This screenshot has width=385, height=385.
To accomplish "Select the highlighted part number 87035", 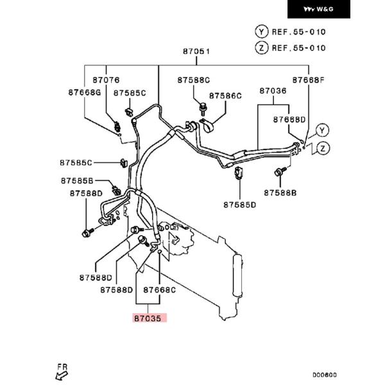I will (150, 317).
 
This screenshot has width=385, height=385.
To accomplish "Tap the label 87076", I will (106, 80).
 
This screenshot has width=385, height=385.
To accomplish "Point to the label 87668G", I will (85, 92).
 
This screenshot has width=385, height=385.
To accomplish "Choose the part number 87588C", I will (194, 80).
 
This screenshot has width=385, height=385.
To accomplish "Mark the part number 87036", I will (273, 92).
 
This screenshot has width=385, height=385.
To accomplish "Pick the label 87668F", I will (309, 80).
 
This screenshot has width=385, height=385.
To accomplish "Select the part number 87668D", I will (289, 119).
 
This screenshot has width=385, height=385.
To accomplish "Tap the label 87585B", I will (78, 181).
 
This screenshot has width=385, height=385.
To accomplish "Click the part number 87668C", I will (160, 289).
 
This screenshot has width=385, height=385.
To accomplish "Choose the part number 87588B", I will (280, 192).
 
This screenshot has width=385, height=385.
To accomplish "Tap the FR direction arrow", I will (62, 371).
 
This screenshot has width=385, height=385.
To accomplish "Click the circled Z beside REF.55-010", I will (261, 47).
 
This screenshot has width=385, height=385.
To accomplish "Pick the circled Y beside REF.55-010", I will (261, 31).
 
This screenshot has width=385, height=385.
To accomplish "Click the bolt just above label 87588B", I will (280, 172).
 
